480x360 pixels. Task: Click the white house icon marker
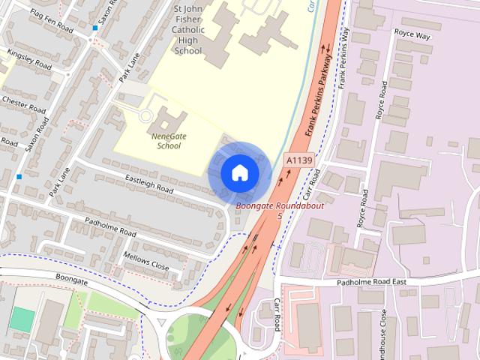tap(239, 172)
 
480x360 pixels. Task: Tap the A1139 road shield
tap(298, 160)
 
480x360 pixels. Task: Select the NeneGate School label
tap(166, 141)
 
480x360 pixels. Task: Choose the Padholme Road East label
tap(371, 282)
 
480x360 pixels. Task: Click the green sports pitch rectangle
tap(22, 320)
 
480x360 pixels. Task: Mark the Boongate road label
tap(72, 277)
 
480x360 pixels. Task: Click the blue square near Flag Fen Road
tap(94, 28)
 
